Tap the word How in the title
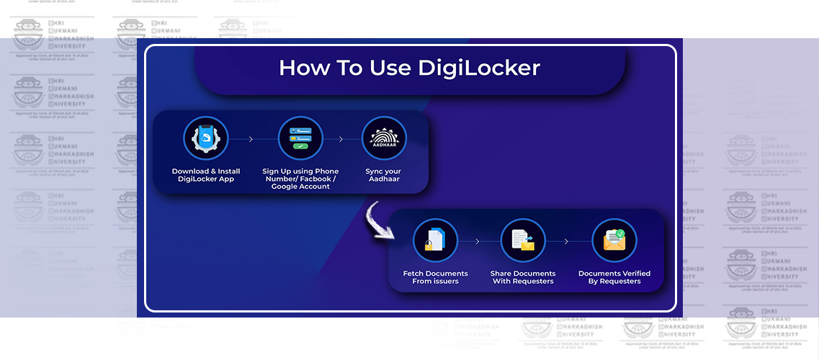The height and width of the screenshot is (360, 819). point(302,68)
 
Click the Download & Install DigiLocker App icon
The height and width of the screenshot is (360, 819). point(205,138)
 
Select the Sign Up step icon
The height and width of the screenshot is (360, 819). point(300,138)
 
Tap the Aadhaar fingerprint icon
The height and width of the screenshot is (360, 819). point(383,138)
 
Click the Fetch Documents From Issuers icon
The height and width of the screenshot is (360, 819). point(435,240)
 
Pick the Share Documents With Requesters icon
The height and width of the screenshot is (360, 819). point(523,240)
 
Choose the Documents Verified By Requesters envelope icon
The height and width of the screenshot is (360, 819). point(614,240)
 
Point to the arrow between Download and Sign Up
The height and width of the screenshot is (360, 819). point(251,139)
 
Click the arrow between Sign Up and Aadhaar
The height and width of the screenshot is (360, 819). point(342,139)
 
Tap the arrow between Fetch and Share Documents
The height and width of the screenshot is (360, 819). point(477,241)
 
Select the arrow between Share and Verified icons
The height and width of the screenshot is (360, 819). point(567,241)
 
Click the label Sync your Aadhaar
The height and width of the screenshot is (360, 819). point(382,175)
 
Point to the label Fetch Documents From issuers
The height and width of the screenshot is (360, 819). point(435,277)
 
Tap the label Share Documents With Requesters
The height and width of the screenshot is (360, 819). point(523,277)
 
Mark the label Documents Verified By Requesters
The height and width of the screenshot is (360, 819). point(614,277)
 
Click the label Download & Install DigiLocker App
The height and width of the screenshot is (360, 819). point(206,175)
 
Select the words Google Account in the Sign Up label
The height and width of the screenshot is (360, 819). point(300,186)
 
